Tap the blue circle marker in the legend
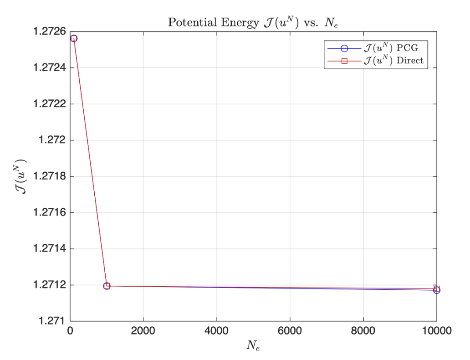coord(344,48)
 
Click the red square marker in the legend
coord(344,61)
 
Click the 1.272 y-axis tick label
coord(53,140)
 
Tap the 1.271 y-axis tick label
coord(53,321)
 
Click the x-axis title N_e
coord(253,346)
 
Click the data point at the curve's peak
coord(73,38)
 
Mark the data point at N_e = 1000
coord(107,286)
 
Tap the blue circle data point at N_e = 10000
coord(437,290)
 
